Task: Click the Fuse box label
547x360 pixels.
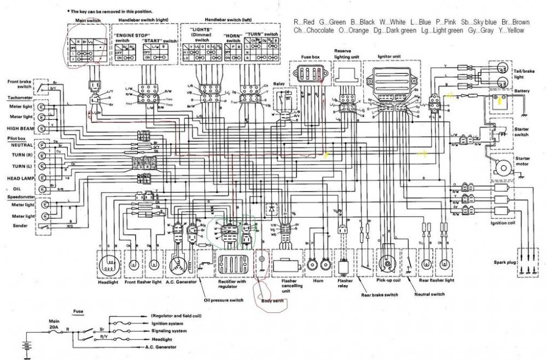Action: [310, 57]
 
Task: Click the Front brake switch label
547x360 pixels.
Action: [18, 85]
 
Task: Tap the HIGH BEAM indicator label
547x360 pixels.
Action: [21, 127]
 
